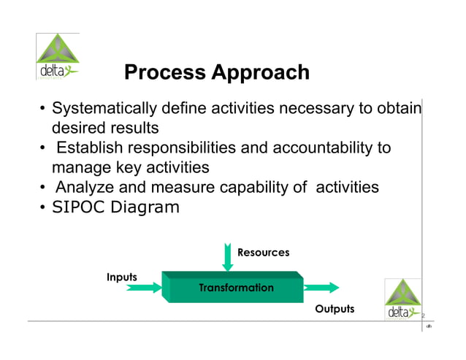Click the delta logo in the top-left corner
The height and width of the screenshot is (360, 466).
pos(58,57)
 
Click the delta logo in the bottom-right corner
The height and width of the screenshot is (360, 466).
pos(403,299)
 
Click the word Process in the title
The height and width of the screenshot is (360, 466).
pos(164,73)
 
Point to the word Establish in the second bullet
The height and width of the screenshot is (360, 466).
pos(90,148)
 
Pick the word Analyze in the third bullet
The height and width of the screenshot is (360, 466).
pos(85,187)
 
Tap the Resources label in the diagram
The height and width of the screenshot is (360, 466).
pos(263,253)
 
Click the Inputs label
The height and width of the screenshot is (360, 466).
pos(122,277)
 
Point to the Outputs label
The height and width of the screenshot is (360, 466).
pos(335,309)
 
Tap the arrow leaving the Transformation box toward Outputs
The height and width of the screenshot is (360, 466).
pos(321,287)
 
